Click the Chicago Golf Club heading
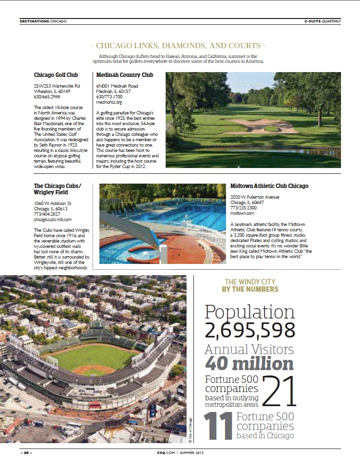56,75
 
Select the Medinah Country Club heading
124,75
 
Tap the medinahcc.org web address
109,103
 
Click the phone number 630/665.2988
48,97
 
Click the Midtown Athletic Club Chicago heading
269,186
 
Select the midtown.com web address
242,213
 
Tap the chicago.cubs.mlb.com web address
53,220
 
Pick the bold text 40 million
249,363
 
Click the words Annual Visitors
249,349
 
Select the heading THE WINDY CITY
250,282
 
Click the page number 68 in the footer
26,453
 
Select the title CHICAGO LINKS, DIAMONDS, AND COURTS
178,46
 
